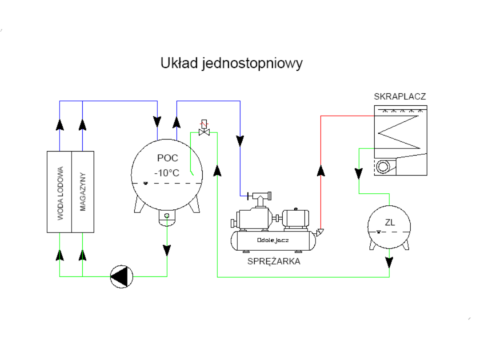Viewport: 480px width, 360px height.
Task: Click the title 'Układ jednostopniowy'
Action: coord(231,63)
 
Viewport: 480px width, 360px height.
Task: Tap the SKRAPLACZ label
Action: coord(400,96)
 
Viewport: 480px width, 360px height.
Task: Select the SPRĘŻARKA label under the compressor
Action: coord(274,261)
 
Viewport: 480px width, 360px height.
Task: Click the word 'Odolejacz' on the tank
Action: coord(273,240)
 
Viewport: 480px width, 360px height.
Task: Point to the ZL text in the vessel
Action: coord(390,223)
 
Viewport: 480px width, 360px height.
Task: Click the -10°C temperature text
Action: coord(167,173)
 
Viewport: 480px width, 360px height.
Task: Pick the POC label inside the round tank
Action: coord(167,158)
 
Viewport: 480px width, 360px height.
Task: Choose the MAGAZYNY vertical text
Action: coord(83,192)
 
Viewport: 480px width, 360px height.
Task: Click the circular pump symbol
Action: coord(121,276)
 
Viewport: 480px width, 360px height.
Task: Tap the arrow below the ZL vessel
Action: coord(389,262)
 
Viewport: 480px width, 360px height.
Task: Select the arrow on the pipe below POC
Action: coord(167,250)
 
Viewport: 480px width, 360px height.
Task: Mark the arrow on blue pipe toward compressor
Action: coord(240,141)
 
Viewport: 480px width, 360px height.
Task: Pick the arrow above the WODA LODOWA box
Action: coord(60,124)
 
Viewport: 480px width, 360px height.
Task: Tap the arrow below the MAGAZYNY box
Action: coord(82,255)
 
